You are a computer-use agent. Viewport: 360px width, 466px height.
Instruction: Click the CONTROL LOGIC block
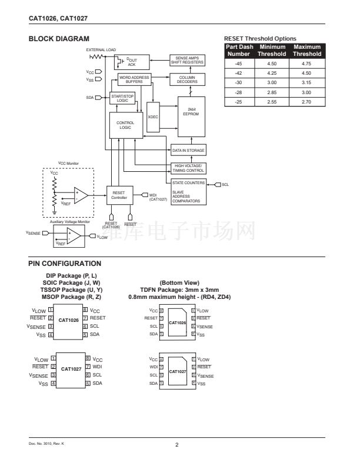click(125, 125)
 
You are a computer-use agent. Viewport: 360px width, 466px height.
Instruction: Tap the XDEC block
click(154, 117)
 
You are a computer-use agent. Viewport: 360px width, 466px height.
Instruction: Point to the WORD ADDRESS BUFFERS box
click(134, 79)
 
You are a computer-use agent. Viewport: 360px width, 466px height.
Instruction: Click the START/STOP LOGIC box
click(122, 99)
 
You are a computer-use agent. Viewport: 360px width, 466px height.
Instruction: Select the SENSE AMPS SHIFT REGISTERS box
click(187, 60)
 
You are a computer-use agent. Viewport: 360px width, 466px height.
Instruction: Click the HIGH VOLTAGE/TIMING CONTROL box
click(188, 168)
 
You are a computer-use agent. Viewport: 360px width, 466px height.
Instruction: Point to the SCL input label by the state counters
click(225, 185)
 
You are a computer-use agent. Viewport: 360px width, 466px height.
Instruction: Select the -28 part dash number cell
click(238, 92)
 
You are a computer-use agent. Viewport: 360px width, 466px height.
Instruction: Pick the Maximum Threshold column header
click(307, 50)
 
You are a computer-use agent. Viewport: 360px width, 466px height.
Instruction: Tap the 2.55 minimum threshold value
click(272, 102)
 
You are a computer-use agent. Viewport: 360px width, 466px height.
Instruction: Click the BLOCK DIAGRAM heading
click(54, 39)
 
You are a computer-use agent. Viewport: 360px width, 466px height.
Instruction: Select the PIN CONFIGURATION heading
click(65, 264)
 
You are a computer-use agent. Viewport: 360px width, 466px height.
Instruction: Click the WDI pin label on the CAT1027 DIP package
click(98, 367)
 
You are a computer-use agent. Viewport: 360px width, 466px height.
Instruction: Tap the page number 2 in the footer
click(176, 444)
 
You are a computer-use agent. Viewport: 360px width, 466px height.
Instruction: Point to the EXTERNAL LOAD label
click(101, 49)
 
